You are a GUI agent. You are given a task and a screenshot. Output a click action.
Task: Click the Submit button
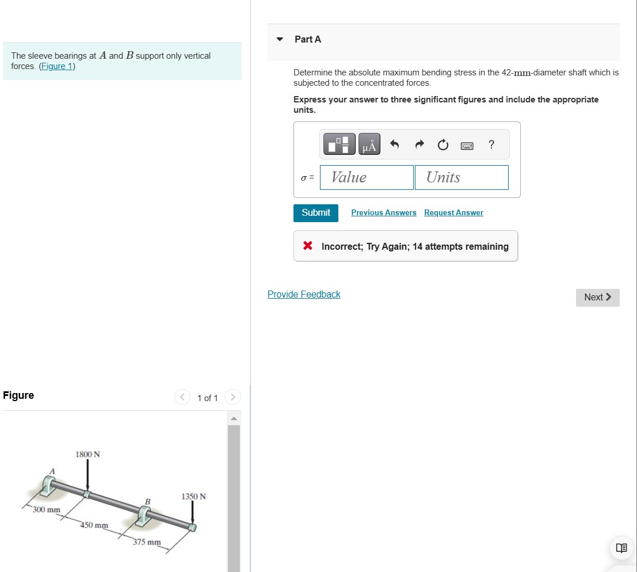pyautogui.click(x=316, y=213)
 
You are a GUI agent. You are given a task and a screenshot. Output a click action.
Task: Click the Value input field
pyautogui.click(x=367, y=177)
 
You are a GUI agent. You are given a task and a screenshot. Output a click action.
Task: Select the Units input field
pyautogui.click(x=461, y=177)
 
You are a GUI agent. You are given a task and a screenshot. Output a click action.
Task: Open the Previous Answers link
pyautogui.click(x=383, y=213)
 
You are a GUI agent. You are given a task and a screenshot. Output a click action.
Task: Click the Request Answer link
pyautogui.click(x=453, y=213)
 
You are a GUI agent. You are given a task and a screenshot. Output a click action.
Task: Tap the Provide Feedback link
pyautogui.click(x=304, y=295)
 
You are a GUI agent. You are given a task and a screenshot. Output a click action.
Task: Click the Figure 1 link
pyautogui.click(x=57, y=66)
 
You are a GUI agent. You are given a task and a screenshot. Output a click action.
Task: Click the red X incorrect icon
pyautogui.click(x=308, y=246)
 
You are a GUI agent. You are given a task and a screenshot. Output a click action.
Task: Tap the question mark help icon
pyautogui.click(x=491, y=144)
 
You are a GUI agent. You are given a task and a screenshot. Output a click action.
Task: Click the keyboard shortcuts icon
pyautogui.click(x=467, y=146)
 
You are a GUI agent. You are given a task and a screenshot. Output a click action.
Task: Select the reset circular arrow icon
pyautogui.click(x=443, y=146)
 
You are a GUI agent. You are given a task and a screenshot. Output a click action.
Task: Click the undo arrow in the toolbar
pyautogui.click(x=395, y=145)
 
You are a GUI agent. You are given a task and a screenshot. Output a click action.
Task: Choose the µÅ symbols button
pyautogui.click(x=369, y=145)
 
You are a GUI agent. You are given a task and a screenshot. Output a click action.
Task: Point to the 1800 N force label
pyautogui.click(x=87, y=455)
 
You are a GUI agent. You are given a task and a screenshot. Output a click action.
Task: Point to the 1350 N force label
pyautogui.click(x=193, y=497)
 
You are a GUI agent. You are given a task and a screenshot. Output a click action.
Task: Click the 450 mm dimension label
pyautogui.click(x=94, y=525)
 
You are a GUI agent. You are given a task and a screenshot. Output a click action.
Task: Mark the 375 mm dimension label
pyautogui.click(x=147, y=542)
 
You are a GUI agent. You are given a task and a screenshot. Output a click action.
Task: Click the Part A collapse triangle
pyautogui.click(x=280, y=40)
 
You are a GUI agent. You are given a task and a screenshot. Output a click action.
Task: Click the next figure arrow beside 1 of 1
pyautogui.click(x=232, y=398)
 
